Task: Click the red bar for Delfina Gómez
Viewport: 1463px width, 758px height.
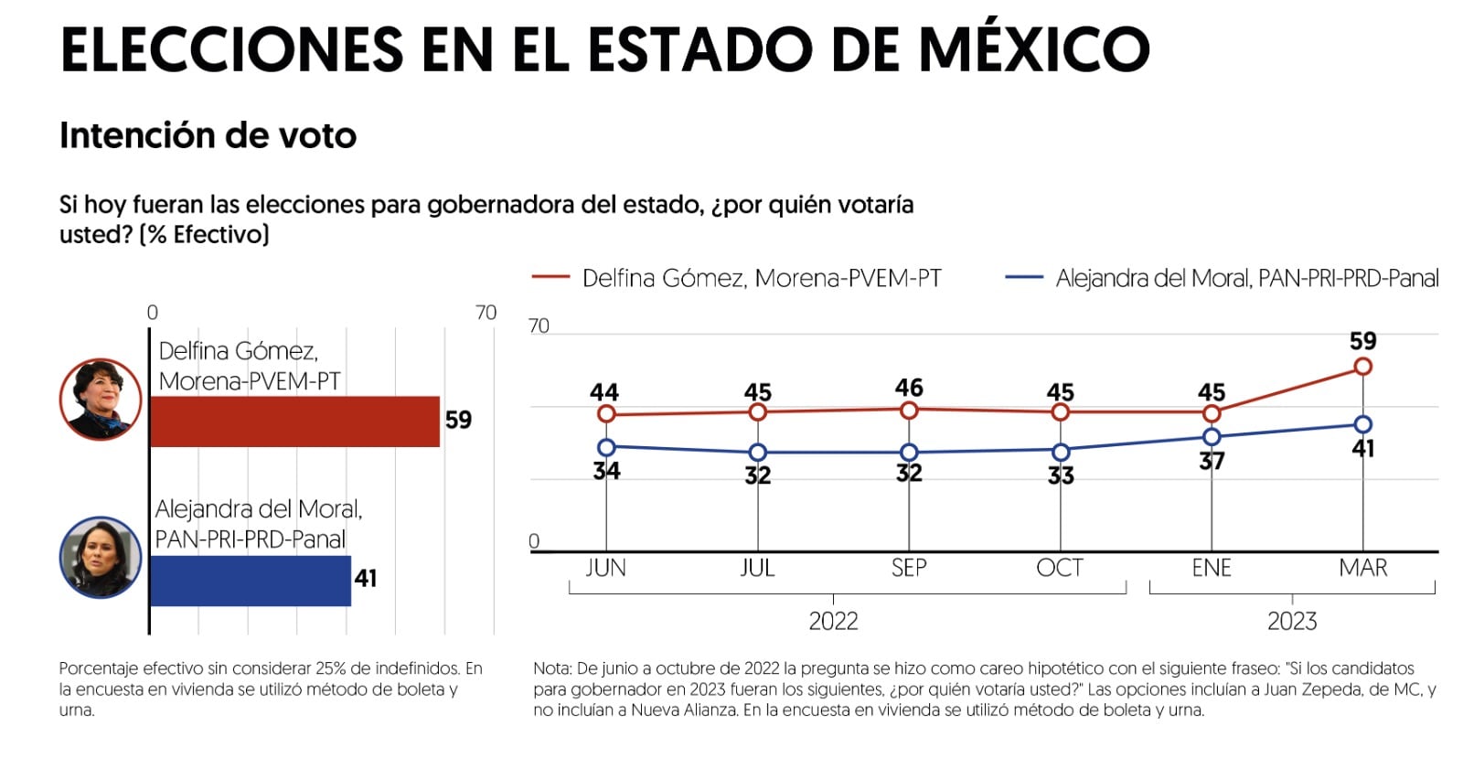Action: pos(294,422)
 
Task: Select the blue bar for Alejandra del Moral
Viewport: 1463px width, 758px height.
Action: pos(250,581)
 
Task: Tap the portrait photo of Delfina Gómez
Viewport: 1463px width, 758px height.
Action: pos(101,400)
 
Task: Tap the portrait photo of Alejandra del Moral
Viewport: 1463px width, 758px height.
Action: pos(101,557)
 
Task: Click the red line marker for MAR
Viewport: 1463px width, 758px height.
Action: pos(1362,367)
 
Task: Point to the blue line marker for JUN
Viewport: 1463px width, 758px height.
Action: pos(606,447)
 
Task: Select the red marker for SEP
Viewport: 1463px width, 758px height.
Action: pos(909,411)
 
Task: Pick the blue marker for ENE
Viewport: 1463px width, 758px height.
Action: pos(1212,437)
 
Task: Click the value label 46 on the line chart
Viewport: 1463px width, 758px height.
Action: pos(909,388)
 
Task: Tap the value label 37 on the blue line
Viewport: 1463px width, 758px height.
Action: pos(1212,461)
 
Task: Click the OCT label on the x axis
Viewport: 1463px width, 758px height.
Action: pos(1060,568)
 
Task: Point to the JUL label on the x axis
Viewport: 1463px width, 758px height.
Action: pos(757,568)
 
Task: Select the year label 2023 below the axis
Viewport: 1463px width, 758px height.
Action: pos(1291,622)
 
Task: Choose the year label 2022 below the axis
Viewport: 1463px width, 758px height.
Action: pos(833,622)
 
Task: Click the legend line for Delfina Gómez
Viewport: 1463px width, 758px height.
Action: pos(550,277)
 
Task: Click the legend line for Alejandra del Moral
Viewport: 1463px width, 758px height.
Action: pos(1023,277)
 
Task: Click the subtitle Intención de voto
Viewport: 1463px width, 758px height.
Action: pos(208,135)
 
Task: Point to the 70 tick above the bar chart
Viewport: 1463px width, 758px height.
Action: pos(486,313)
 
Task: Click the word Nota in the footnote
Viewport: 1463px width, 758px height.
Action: pos(552,668)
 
